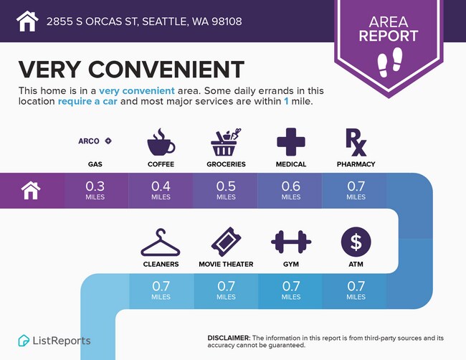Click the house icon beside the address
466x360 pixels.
(27, 21)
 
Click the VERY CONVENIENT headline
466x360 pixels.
(131, 69)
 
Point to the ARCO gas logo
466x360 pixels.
(95, 141)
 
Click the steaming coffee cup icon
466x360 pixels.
(161, 142)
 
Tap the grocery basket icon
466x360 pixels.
(226, 142)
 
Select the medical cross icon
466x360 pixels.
(291, 142)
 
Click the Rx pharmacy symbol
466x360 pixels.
(356, 142)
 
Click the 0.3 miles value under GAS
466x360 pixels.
(95, 190)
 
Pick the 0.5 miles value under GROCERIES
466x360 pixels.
(226, 190)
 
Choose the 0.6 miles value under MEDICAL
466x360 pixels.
(291, 190)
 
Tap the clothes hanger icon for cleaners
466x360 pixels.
(161, 242)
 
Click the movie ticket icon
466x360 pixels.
(226, 242)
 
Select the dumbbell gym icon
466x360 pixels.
(291, 242)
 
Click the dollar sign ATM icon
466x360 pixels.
(356, 242)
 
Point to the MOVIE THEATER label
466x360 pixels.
(226, 264)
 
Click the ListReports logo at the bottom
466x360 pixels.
(54, 340)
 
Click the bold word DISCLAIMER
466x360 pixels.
(229, 337)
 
